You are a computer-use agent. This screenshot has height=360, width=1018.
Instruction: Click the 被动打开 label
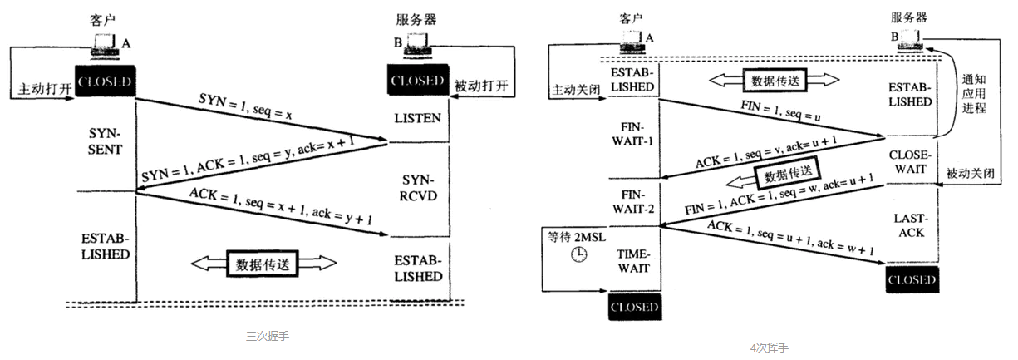(x=481, y=85)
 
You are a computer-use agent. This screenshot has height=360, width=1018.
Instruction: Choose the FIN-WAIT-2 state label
(x=631, y=204)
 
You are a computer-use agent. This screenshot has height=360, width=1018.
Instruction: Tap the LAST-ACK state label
(x=910, y=225)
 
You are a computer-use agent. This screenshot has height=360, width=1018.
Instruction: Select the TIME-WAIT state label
(x=632, y=260)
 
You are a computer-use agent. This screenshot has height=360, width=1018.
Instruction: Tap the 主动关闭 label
(x=575, y=89)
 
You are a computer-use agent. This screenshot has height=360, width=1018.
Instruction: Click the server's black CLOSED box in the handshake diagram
(x=417, y=81)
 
